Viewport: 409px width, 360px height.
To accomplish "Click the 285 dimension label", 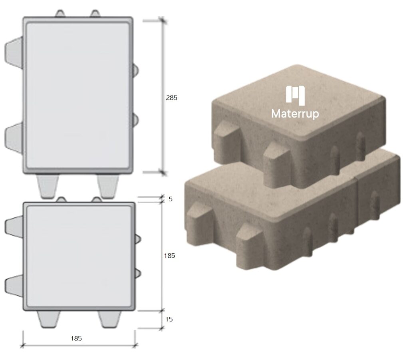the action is pos(171,98).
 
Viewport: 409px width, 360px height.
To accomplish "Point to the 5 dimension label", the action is pos(171,199).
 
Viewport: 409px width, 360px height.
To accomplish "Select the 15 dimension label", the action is pos(169,319).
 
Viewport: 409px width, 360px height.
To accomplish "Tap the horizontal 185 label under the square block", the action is pos(76,338).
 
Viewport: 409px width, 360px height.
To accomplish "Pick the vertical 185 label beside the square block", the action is pos(169,256).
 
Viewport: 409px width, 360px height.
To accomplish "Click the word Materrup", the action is pos(295,114).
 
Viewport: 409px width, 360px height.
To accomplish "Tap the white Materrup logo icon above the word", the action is pos(295,95).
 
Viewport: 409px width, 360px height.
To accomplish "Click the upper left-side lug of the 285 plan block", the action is pos(14,53).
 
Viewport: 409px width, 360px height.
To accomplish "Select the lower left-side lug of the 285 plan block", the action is pos(14,137).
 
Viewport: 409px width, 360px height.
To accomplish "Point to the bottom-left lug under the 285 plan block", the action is pos(48,186).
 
